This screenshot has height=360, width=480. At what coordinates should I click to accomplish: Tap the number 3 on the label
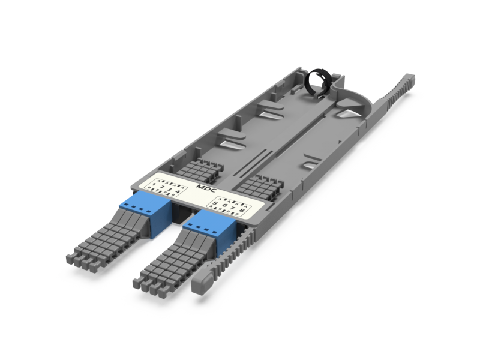coord(170,190)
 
